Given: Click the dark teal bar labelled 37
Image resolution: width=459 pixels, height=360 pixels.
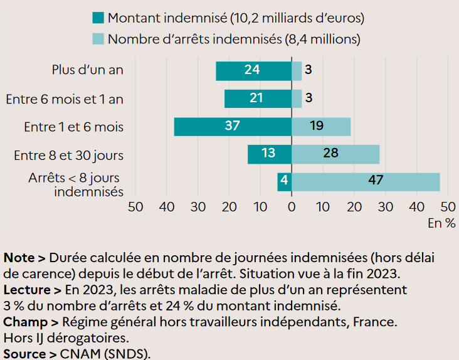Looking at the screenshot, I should tap(233, 127).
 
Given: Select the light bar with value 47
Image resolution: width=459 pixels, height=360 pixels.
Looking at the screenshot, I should tap(366, 182).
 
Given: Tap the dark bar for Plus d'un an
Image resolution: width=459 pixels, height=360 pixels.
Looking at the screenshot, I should tap(253, 71).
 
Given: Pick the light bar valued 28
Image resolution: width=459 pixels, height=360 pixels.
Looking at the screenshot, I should tap(335, 154).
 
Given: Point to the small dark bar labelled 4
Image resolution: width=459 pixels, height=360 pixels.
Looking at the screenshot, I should tap(284, 182).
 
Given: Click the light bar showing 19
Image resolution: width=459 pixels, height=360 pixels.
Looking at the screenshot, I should tap(321, 127).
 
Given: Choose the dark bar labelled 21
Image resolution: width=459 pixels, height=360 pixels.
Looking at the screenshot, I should tap(258, 98).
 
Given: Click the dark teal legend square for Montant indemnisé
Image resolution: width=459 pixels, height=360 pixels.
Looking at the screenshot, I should tap(97, 18).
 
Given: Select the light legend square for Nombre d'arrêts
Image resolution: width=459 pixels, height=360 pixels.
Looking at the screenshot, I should tap(97, 39).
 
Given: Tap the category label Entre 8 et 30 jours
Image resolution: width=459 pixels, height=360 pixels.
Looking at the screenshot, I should tap(68, 155).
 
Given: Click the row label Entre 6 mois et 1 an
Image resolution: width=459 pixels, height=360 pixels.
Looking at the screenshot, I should tap(65, 99).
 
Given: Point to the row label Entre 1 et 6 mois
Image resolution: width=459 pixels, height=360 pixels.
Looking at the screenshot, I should tap(73, 127).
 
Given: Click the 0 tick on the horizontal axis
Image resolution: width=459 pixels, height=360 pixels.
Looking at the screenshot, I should tap(292, 206).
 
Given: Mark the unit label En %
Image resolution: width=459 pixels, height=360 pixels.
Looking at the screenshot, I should tap(441, 222).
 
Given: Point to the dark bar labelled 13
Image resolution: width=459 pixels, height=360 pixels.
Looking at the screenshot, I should tap(269, 154).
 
